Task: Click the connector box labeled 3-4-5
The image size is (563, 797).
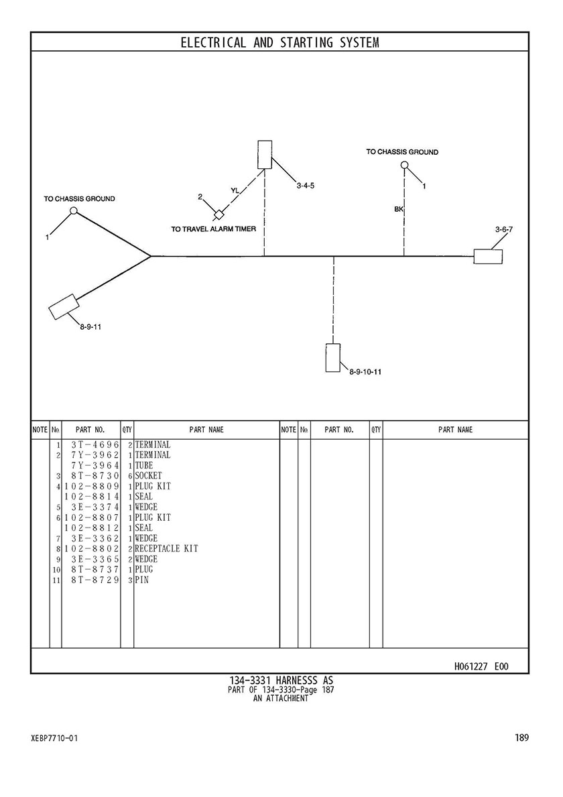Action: [265, 155]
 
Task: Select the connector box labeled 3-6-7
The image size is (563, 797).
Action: [488, 257]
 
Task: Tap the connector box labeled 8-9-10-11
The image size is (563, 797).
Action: [333, 358]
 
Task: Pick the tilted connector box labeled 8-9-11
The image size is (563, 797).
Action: [64, 307]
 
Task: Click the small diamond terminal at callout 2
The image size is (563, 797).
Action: [220, 213]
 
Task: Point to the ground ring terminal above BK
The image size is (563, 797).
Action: [404, 165]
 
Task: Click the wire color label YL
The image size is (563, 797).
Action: [234, 190]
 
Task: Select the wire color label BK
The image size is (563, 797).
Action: [398, 208]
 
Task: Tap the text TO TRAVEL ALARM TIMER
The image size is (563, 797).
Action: [213, 229]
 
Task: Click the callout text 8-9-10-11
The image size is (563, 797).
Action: [365, 371]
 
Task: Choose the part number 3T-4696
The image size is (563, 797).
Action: [95, 445]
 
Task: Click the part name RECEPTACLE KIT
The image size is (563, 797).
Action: [166, 548]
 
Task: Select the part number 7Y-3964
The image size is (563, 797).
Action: [95, 466]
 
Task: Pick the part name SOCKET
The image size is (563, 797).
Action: [148, 476]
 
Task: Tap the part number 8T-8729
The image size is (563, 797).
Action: [95, 579]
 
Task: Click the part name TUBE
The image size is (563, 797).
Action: [144, 466]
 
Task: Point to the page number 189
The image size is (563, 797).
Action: [522, 737]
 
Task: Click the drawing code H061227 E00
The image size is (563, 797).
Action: [481, 666]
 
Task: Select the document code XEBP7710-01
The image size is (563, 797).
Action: [54, 738]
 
